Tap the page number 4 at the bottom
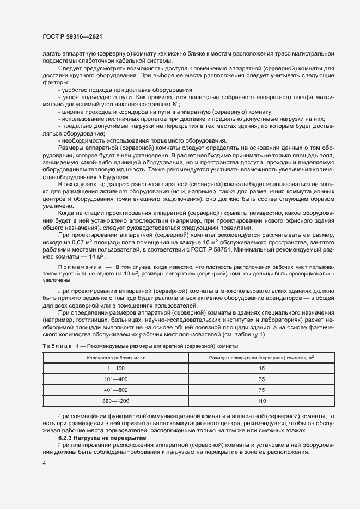coord(45,463)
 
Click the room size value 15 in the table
coord(261,369)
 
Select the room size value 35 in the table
coord(261,379)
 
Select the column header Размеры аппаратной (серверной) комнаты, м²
coord(261,358)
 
